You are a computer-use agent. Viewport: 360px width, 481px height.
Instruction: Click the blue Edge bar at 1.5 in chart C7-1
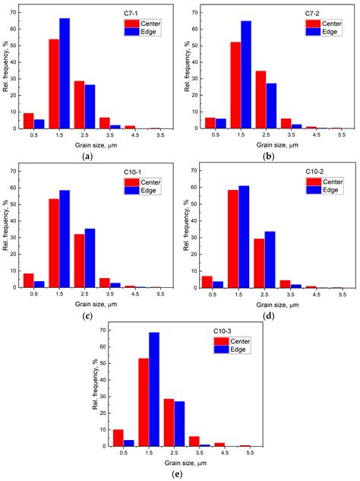[65, 74]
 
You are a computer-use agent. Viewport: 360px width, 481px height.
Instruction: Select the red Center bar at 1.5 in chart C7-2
[236, 85]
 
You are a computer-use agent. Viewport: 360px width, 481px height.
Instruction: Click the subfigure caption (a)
[88, 156]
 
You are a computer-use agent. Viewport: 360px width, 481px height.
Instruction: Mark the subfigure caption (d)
[269, 315]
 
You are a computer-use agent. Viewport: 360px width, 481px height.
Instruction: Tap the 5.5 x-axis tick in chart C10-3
[245, 453]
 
